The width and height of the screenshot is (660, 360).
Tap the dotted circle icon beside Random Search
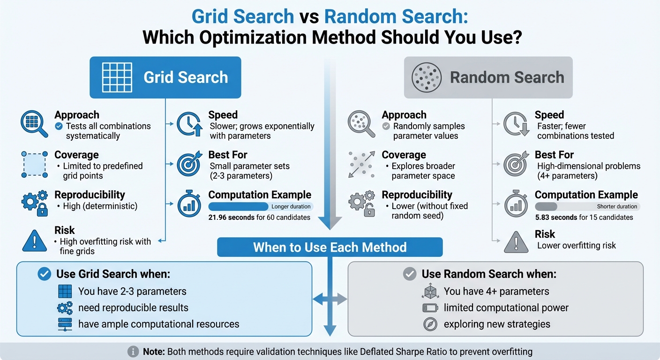pos(426,78)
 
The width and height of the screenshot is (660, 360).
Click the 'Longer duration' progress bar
pos(260,207)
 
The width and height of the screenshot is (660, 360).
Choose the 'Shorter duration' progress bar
pos(587,207)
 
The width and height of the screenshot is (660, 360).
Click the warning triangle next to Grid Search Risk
pos(35,240)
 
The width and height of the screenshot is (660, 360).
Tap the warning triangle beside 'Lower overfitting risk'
pos(516,242)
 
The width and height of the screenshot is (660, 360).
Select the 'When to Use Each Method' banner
pos(330,247)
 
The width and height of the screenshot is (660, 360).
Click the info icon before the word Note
pos(134,352)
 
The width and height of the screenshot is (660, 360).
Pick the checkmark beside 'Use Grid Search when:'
pos(44,274)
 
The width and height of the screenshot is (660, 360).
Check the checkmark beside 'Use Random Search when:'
pos(410,274)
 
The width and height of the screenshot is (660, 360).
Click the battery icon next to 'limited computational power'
pos(430,308)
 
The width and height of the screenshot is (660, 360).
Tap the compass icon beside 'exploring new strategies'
pos(430,324)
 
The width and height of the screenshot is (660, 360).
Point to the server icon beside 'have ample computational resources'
pos(65,324)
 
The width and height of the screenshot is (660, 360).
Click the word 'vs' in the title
pos(309,17)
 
